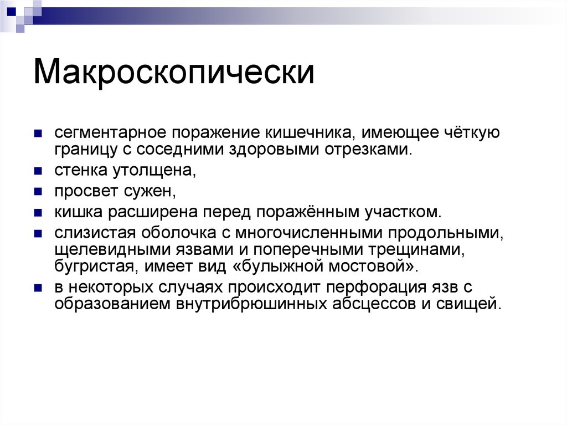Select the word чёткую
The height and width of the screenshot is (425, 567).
tap(472, 134)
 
